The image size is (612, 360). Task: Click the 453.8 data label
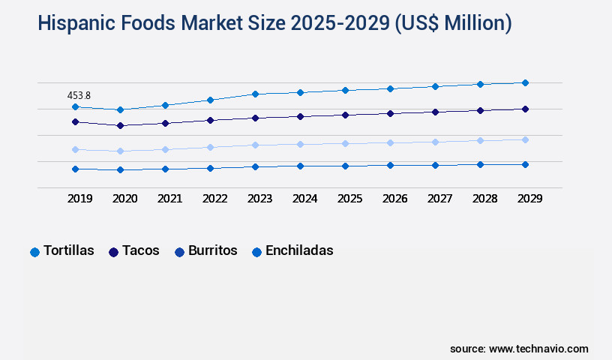point(79,95)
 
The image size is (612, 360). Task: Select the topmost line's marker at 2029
point(525,82)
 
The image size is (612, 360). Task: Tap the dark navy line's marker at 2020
point(120,125)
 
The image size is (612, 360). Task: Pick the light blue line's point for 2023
point(255,145)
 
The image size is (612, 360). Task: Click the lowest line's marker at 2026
point(390,165)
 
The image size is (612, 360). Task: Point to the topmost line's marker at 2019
point(75,107)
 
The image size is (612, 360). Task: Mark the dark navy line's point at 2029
point(525,109)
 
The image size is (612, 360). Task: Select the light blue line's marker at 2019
point(75,149)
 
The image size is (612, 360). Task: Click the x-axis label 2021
point(169,199)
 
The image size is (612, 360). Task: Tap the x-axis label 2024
point(304,199)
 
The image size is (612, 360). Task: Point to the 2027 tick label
point(439,199)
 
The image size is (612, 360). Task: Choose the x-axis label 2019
point(79,199)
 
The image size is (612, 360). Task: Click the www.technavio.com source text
point(538,349)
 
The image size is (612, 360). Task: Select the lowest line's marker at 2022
point(210,168)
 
